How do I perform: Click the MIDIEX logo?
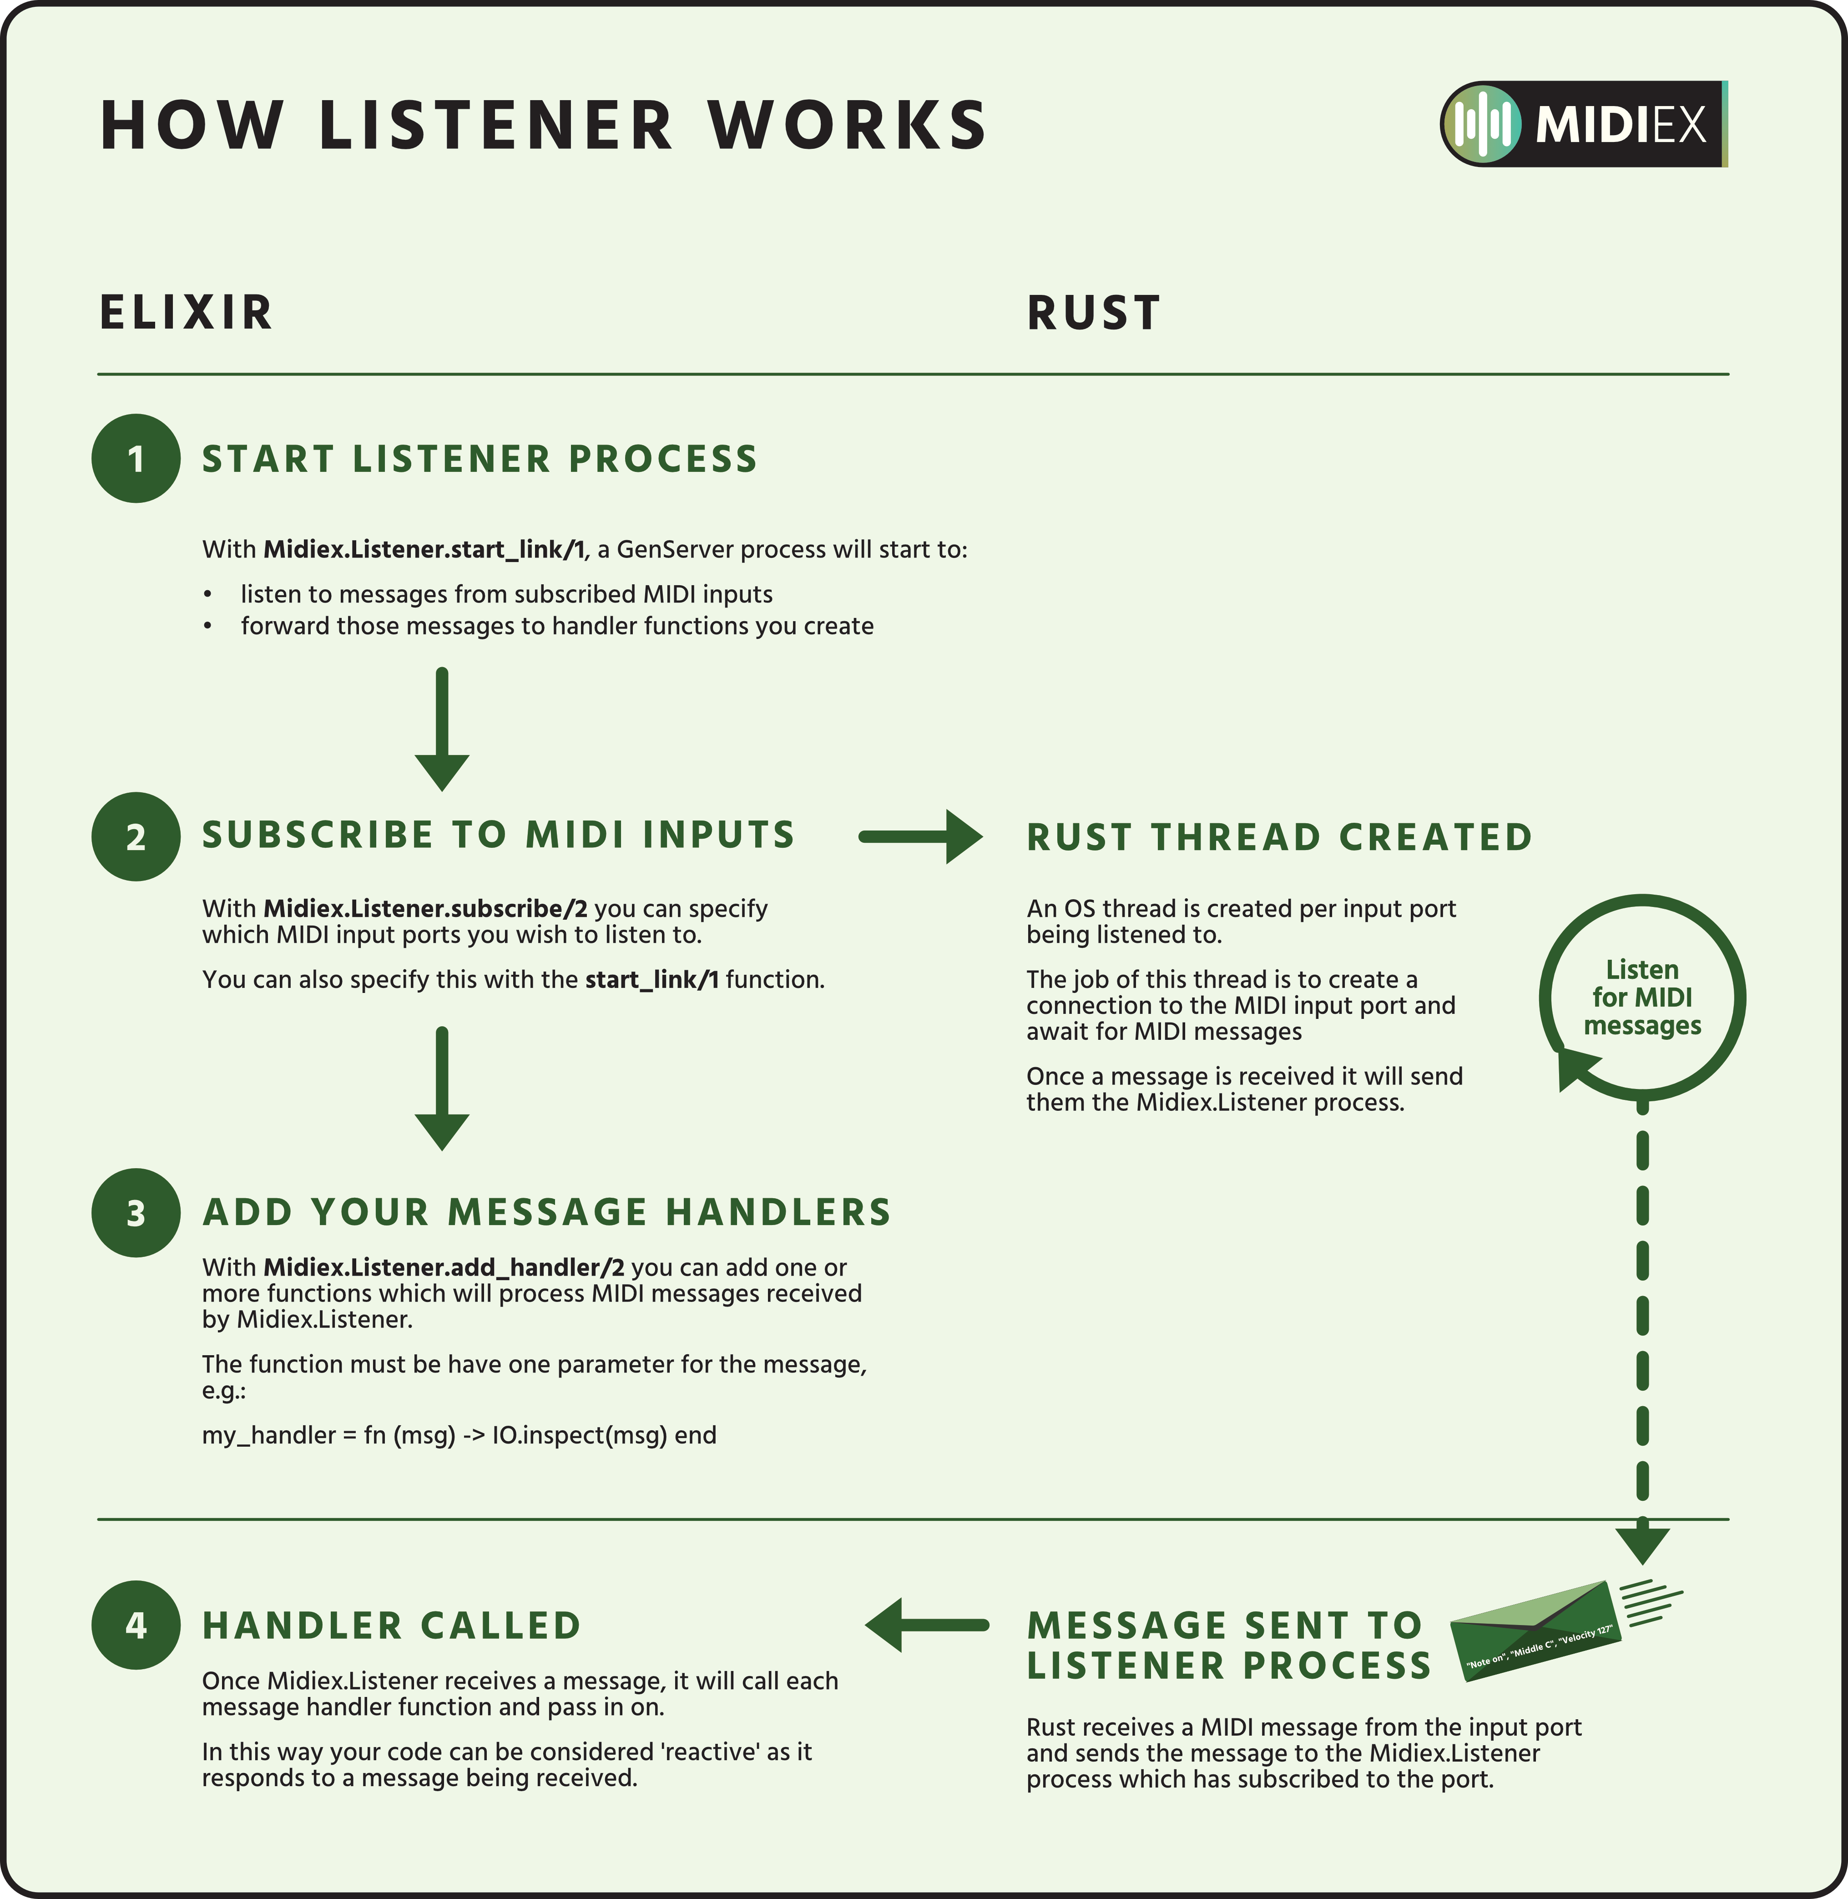pos(1583,124)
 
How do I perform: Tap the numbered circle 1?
pos(136,458)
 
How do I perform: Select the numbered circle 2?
pos(136,837)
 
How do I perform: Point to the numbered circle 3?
pos(136,1213)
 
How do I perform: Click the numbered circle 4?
pos(136,1625)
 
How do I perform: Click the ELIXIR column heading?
pos(187,313)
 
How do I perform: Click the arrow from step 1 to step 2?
pos(442,728)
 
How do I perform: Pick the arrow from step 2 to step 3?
pos(442,1087)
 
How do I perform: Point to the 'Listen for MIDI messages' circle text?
pos(1642,997)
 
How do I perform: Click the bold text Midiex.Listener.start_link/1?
pos(424,550)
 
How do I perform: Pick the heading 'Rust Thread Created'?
pos(1279,837)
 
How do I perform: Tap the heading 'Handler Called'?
pos(391,1625)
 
